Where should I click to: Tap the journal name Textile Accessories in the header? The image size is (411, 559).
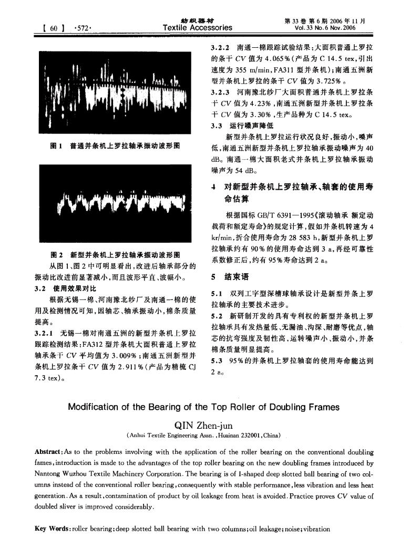[x=197, y=27]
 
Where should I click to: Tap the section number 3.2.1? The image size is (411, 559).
[x=45, y=334]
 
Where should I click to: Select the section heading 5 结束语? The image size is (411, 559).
[x=230, y=275]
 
